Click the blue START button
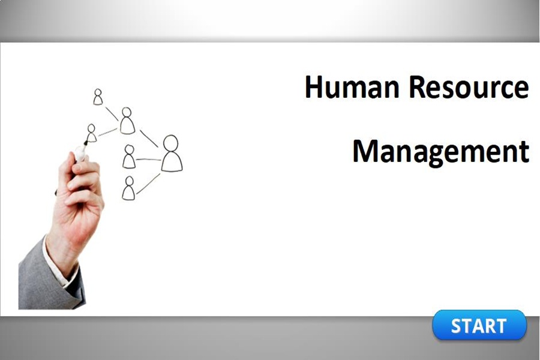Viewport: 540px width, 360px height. [479, 325]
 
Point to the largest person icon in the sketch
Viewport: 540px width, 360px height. [171, 154]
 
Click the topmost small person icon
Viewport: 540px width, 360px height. [98, 97]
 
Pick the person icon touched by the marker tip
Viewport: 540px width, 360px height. [91, 133]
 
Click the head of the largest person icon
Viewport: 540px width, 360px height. [171, 144]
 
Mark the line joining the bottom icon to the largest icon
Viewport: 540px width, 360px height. [148, 183]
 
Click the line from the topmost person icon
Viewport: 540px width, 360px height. [112, 113]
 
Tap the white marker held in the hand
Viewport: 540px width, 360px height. [80, 152]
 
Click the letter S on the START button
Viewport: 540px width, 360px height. [457, 326]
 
